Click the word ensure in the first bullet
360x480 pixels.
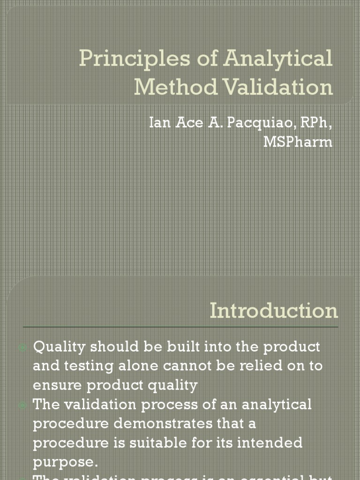(55, 385)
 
